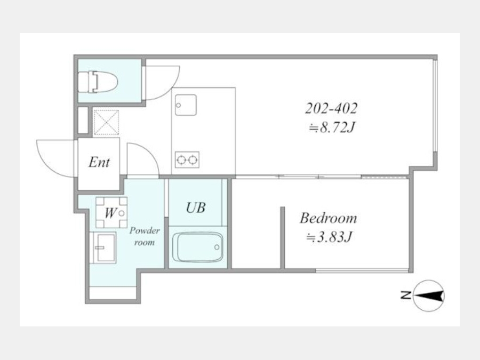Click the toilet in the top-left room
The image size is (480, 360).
[98, 82]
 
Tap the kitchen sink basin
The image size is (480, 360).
[186, 105]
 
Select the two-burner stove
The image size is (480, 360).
[187, 159]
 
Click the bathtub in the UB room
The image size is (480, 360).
[197, 247]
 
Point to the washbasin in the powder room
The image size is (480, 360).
[104, 247]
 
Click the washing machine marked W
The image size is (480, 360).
[111, 212]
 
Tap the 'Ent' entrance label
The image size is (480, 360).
[99, 162]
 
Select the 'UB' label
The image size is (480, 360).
[196, 207]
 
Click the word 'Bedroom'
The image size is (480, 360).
[328, 218]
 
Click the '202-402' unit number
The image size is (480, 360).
[331, 108]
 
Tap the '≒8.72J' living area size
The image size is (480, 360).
[332, 127]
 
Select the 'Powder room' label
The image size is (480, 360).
[144, 236]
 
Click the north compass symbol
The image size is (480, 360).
[429, 295]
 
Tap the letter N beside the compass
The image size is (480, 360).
[406, 295]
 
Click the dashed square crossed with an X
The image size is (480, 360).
[106, 123]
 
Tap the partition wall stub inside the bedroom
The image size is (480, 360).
[282, 238]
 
